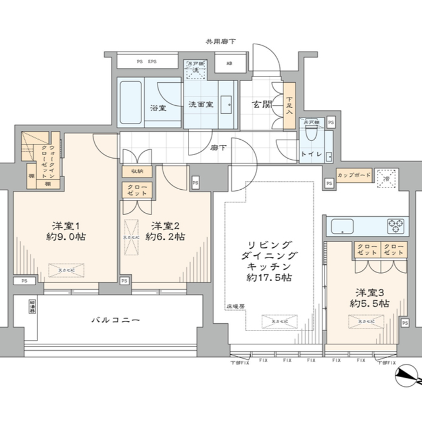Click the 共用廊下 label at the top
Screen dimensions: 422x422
(x=220, y=42)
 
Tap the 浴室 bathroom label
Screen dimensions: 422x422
(x=158, y=108)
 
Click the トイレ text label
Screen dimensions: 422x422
(x=311, y=155)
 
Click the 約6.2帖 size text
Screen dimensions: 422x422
(x=166, y=237)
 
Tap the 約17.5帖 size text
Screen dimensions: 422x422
(x=270, y=278)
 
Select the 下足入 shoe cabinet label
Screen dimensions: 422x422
(x=290, y=105)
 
